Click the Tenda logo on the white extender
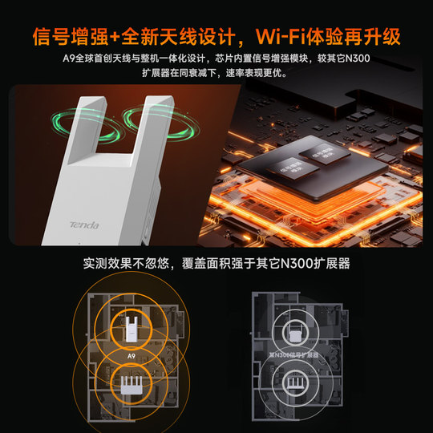(83, 226)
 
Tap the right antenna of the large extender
(155, 132)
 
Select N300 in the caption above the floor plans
(278, 263)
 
